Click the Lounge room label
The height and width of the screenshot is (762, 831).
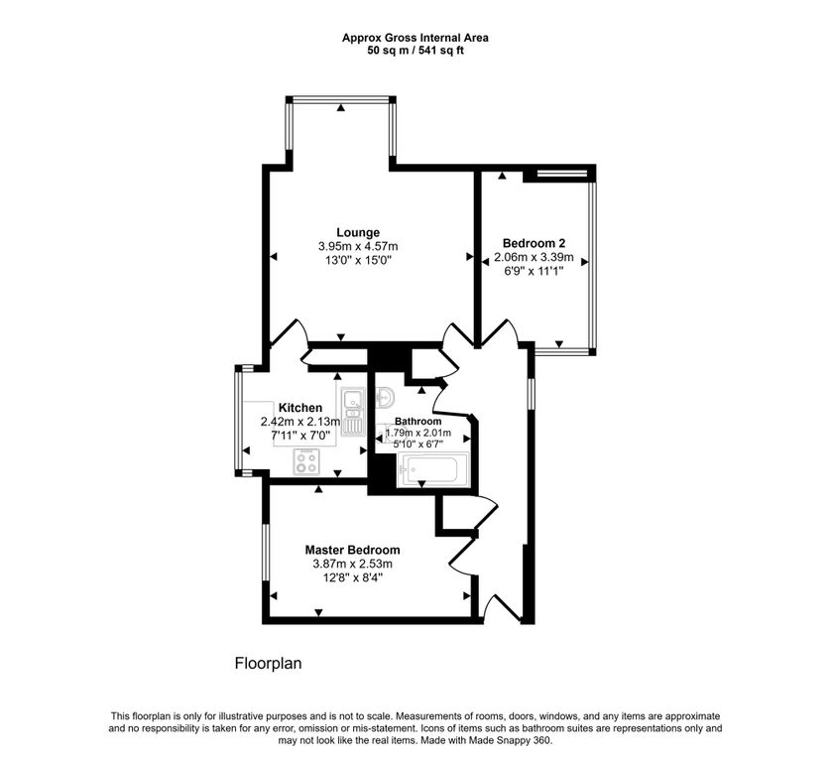tap(358, 232)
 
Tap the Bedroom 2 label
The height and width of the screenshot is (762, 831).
tap(534, 243)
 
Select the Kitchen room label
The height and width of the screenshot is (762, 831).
tap(300, 408)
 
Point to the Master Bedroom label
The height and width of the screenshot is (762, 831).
tap(352, 550)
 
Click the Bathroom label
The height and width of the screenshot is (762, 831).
tap(418, 421)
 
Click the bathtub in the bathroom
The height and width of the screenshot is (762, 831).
tap(433, 469)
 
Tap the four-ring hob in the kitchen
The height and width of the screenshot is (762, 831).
tap(306, 462)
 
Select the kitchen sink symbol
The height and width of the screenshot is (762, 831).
tap(353, 412)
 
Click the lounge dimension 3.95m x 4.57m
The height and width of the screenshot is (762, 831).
tap(358, 246)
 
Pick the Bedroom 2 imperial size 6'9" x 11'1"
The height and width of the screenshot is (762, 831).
tap(534, 271)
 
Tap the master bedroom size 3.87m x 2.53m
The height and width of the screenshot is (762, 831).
tap(352, 564)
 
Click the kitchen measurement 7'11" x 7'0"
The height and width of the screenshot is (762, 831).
tap(300, 436)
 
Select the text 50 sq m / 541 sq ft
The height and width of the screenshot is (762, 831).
tap(415, 51)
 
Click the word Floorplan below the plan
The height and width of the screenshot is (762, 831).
tap(268, 664)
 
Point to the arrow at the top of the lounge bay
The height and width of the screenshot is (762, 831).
tap(341, 108)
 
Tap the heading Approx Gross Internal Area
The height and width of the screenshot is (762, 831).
tap(415, 38)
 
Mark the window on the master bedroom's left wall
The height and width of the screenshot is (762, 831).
tap(266, 552)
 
